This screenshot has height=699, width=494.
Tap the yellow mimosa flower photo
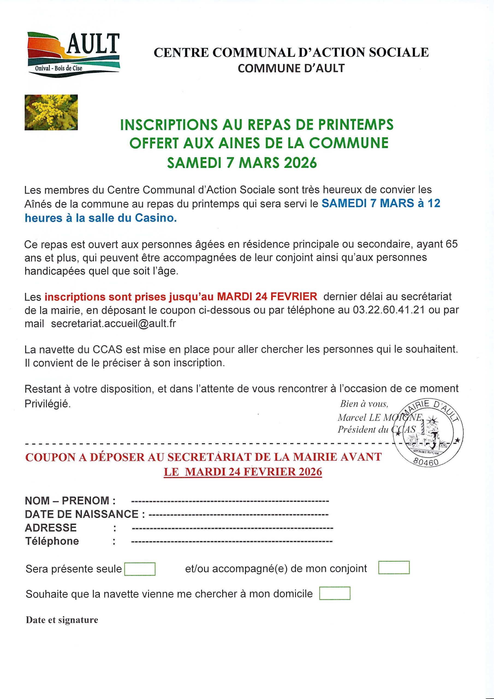(51, 112)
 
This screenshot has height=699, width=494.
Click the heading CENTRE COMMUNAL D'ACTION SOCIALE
(291, 52)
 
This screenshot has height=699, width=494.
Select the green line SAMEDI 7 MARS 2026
(242, 163)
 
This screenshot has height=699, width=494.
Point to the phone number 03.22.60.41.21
(391, 310)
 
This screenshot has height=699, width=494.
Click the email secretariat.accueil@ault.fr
(113, 323)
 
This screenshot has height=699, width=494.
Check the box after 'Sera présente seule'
(140, 569)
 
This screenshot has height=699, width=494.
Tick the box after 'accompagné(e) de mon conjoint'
(394, 567)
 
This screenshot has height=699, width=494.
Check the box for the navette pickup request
(335, 593)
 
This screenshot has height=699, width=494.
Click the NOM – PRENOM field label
(70, 500)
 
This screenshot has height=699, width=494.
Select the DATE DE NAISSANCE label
(85, 514)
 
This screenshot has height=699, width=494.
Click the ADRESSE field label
(51, 528)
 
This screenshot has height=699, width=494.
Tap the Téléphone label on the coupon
(52, 541)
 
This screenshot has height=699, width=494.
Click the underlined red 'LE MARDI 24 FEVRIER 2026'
(243, 472)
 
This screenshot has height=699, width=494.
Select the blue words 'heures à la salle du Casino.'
(101, 218)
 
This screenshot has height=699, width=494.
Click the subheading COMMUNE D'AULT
(291, 68)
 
